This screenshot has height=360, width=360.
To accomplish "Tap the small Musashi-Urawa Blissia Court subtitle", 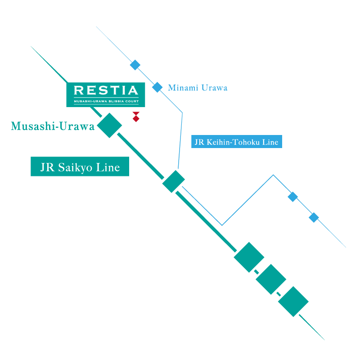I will click(x=106, y=102).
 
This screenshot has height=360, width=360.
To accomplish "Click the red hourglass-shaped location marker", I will click(x=136, y=117).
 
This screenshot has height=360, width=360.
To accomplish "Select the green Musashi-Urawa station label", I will click(x=53, y=126).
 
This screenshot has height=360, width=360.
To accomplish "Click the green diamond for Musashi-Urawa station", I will click(x=110, y=125).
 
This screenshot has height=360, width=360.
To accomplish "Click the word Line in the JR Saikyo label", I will click(x=109, y=167).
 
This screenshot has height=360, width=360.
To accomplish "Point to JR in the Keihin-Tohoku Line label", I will click(x=199, y=142).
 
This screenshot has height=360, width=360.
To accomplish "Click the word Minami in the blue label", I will click(x=182, y=88).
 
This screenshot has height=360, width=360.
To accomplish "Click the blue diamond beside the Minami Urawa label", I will click(x=157, y=87).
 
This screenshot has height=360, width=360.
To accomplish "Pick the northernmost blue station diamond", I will click(x=135, y=65).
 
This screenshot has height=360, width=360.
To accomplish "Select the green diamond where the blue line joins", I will click(x=174, y=181).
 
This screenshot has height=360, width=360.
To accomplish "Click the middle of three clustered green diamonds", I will click(x=271, y=279).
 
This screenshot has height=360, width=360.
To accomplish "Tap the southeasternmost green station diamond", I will click(x=293, y=301).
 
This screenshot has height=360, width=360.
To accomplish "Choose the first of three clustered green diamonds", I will click(x=249, y=257).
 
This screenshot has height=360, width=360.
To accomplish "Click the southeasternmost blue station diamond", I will click(x=314, y=218).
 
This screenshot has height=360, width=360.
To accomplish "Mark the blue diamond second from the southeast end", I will click(x=293, y=197).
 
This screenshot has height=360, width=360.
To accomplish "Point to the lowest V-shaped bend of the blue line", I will click(x=222, y=225).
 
